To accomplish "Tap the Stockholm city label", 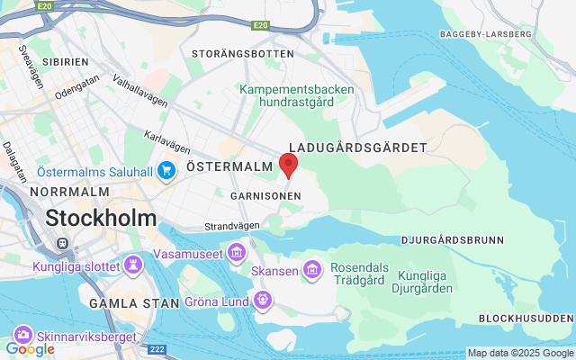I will click(101, 218).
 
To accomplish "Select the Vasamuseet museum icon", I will click(237, 248).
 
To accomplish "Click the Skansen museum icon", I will click(312, 268).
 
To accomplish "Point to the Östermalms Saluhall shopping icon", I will click(166, 170).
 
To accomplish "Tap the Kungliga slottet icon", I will click(133, 265).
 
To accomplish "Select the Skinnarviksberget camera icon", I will click(21, 336).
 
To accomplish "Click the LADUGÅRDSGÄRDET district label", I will click(357, 147).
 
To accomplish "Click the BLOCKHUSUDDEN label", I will click(526, 319).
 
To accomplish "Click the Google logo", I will click(31, 348).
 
